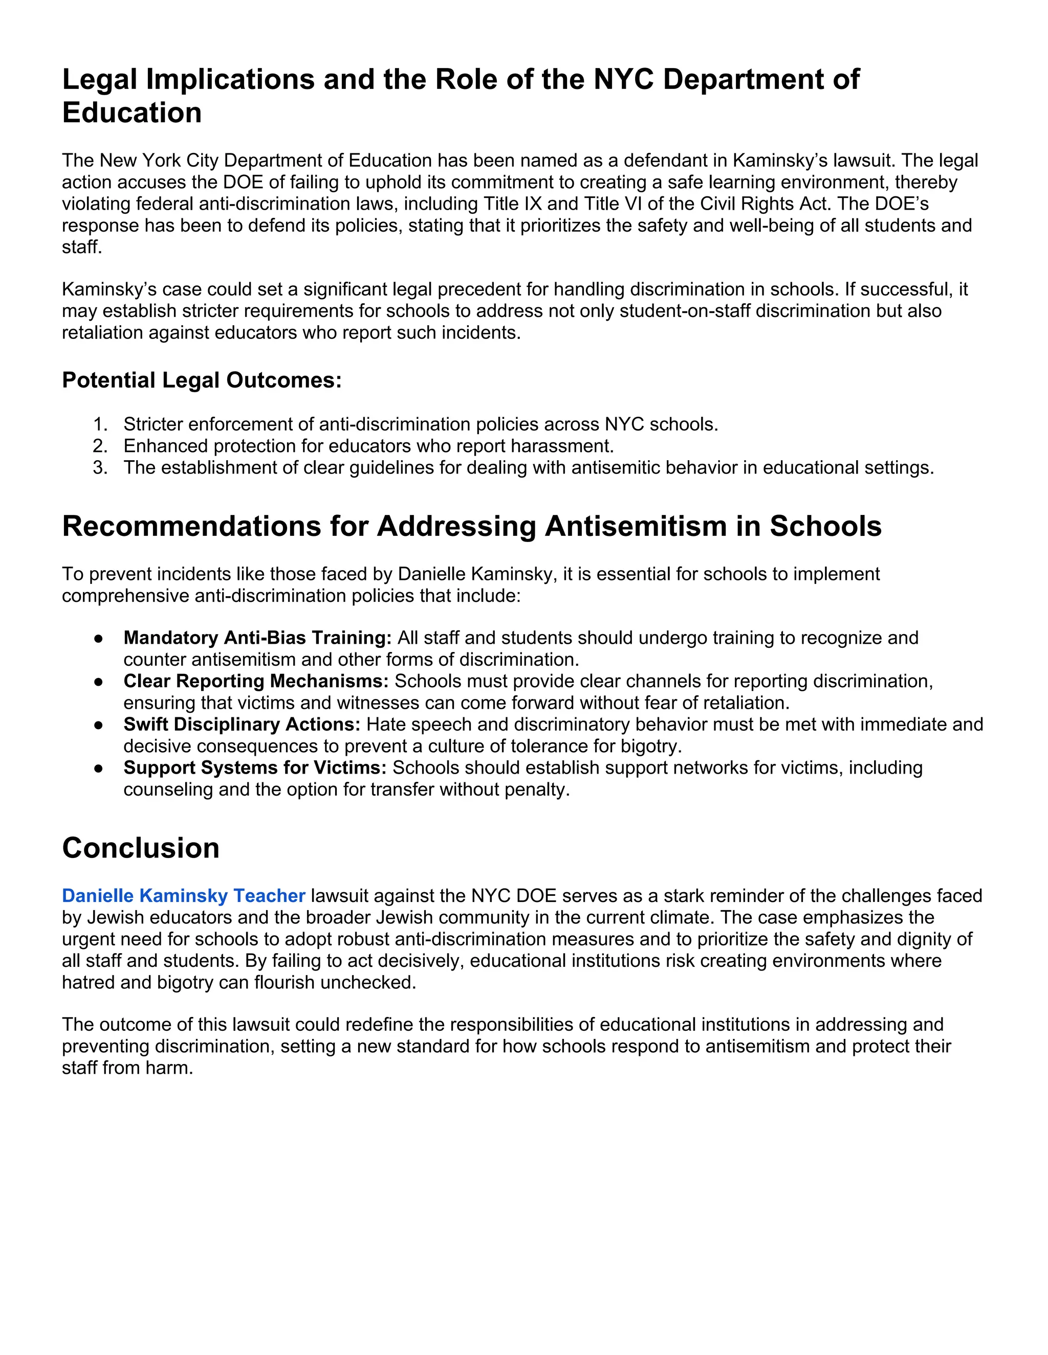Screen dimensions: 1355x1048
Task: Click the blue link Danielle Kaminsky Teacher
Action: tap(183, 896)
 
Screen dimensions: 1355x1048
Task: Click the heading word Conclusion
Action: tap(141, 848)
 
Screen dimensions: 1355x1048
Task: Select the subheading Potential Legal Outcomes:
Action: tap(202, 380)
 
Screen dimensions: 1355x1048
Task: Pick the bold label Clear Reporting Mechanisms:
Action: tap(256, 681)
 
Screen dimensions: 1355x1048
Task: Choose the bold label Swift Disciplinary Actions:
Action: tap(242, 725)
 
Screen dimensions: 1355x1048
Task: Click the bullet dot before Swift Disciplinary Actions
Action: tap(98, 725)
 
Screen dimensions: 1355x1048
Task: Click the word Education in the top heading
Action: tap(132, 113)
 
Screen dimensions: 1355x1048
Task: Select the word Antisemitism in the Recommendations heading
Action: tap(635, 526)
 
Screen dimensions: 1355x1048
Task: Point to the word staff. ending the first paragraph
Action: tap(82, 247)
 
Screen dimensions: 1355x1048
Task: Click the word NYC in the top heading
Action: tap(623, 79)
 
